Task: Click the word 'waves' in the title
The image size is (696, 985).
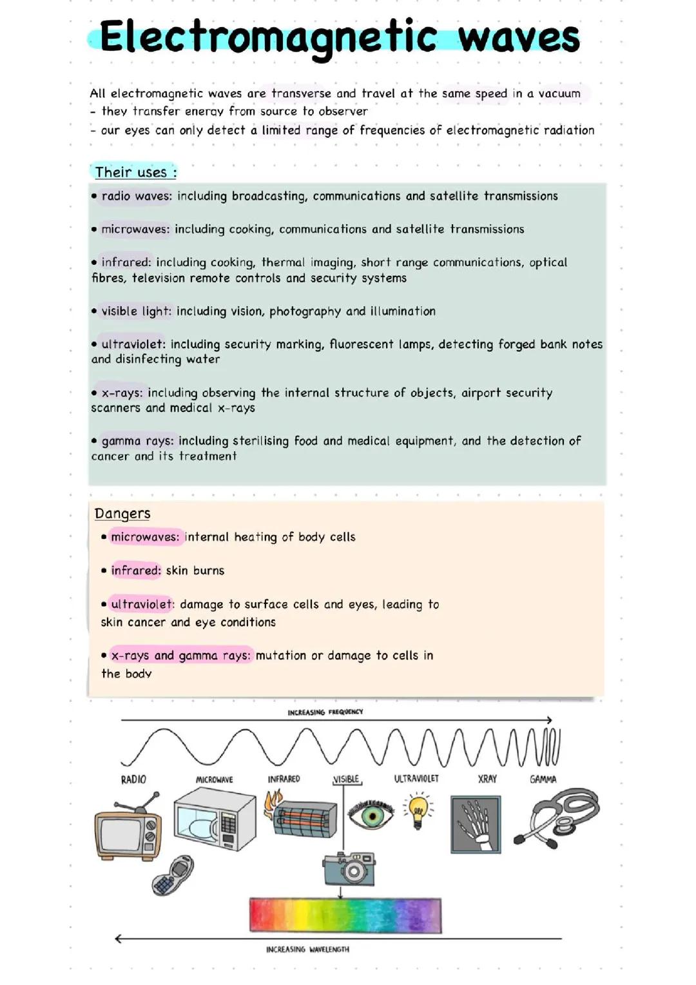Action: pos(519,37)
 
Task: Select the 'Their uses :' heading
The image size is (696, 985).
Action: pos(135,172)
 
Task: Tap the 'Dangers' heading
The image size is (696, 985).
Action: pos(122,514)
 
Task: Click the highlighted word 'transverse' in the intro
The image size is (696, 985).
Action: pos(301,93)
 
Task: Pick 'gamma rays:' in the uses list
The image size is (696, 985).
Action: pos(137,441)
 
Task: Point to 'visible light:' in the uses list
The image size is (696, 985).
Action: pos(136,311)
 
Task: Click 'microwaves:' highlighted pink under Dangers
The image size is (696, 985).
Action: pos(145,537)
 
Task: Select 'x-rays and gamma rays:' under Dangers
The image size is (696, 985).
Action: pos(180,656)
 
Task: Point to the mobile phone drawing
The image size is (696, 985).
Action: pos(172,875)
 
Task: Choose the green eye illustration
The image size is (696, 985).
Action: pos(371,815)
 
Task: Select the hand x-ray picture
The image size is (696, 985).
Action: pos(476,824)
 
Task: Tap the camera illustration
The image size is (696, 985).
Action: pos(349,868)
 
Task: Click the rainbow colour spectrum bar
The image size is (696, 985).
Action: pos(345,915)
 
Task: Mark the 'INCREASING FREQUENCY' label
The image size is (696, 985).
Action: pos(325,712)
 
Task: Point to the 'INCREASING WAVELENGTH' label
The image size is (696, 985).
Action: pos(307,950)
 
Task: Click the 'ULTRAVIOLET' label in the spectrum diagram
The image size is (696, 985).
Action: pos(416,779)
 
